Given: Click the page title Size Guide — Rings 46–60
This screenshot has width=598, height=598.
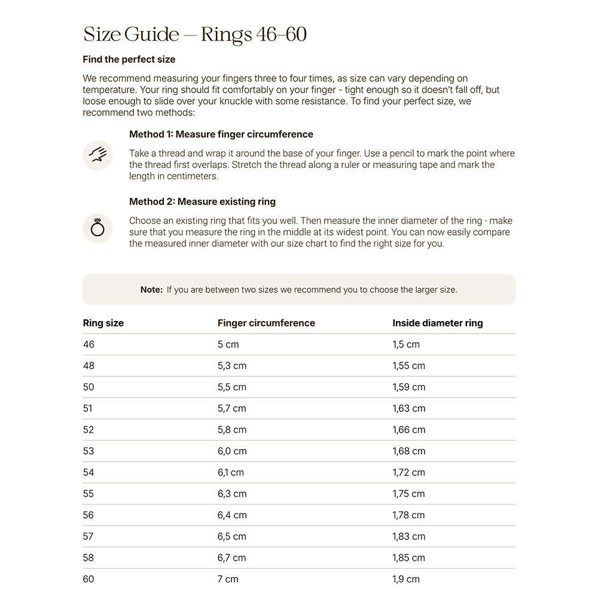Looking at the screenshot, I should tap(195, 35).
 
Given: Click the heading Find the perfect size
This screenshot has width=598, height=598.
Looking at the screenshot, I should tap(129, 60).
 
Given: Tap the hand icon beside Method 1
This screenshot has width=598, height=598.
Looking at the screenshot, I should tap(97, 155).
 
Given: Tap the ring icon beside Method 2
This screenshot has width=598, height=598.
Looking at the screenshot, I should tap(97, 228).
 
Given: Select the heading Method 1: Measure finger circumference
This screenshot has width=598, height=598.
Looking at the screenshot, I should tap(221, 135).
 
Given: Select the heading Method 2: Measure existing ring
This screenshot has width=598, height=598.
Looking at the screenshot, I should tap(202, 202).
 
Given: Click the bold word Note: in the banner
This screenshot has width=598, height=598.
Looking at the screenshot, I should tap(151, 289).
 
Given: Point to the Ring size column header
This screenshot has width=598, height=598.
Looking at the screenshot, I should tap(103, 323).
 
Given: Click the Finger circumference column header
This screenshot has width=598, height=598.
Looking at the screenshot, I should tap(266, 323).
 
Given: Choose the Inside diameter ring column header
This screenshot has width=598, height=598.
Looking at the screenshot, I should tap(437, 323).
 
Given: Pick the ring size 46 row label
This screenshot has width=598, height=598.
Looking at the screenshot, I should tap(89, 344).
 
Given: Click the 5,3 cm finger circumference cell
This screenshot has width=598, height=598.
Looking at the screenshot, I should tap(232, 366).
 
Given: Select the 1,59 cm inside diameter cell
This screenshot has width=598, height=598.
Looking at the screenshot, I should tap(408, 387).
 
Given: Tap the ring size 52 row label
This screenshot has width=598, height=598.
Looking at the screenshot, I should tap(89, 430).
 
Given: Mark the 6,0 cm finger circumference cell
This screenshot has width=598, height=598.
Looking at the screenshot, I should tap(232, 451).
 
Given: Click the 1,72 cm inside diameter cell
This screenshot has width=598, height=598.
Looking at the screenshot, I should tap(408, 472).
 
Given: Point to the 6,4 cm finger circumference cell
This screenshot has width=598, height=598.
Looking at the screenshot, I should tap(232, 515).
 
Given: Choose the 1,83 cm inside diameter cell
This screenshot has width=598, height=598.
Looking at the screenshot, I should tap(408, 536).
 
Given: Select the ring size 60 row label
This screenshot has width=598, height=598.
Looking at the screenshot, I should tap(89, 579).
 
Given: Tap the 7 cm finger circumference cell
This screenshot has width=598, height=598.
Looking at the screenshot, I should tap(228, 579).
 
